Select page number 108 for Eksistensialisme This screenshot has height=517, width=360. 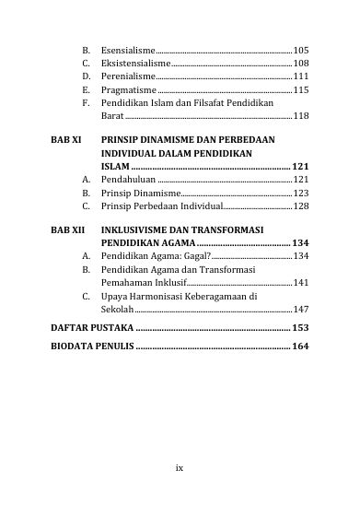[x=301, y=63]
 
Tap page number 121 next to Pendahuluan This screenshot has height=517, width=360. [x=301, y=180]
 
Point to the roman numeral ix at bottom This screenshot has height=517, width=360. [x=180, y=468]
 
